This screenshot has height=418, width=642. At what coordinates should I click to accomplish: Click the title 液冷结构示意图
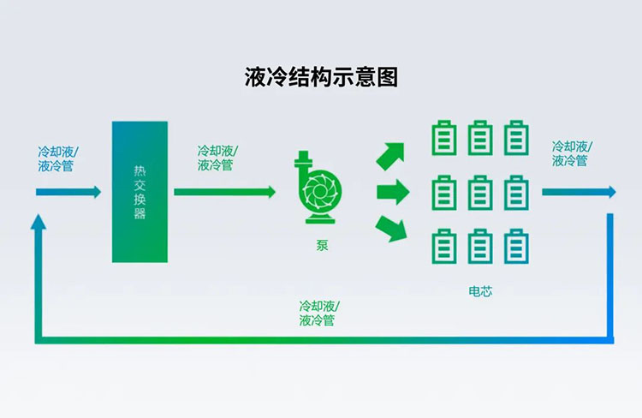[x=321, y=77]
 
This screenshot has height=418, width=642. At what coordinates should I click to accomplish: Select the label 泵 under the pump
[x=322, y=246]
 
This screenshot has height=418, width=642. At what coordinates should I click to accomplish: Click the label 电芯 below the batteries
[x=480, y=291]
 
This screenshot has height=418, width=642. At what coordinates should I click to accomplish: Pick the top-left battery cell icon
[x=444, y=138]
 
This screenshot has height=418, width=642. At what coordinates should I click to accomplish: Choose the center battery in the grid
[x=480, y=192]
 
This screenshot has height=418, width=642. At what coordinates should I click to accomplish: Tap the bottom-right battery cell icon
[x=516, y=246]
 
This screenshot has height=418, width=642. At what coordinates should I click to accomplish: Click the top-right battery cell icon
[x=516, y=138]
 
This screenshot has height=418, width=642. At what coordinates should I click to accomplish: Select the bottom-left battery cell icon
[x=444, y=246]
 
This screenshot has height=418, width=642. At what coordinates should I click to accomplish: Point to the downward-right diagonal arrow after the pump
[x=391, y=228]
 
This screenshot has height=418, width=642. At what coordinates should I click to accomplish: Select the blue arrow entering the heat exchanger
[x=68, y=192]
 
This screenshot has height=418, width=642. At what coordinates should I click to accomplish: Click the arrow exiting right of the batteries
[x=578, y=192]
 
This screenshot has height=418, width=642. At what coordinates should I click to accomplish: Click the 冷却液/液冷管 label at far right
[x=570, y=153]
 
